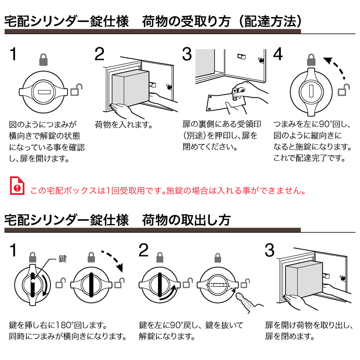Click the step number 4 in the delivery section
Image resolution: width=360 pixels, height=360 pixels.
click(x=279, y=55)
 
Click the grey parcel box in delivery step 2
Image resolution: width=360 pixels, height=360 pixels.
click(x=130, y=89)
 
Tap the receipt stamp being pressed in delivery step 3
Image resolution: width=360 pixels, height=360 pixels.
click(x=235, y=92)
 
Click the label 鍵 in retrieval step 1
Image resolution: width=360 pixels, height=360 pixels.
click(x=63, y=259)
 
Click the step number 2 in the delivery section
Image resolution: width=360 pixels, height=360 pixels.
click(x=99, y=55)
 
